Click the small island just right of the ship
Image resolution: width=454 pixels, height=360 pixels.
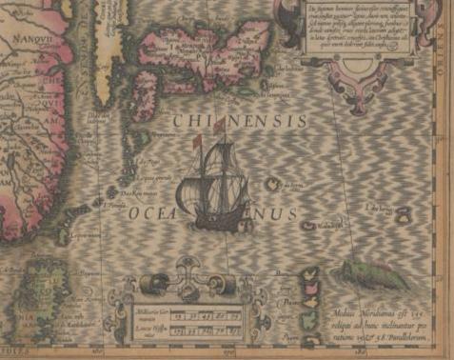[x=271, y=184]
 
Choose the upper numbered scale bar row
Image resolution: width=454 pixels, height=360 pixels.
[x=198, y=313]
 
